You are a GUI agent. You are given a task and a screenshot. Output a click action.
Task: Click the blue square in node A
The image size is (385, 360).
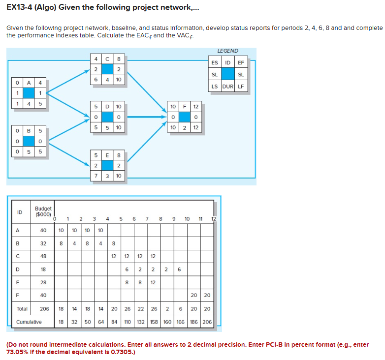[x=29, y=93]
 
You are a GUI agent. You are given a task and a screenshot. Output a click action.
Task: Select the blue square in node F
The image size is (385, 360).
[x=185, y=117]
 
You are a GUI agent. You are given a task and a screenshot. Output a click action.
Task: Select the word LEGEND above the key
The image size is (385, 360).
[x=227, y=51]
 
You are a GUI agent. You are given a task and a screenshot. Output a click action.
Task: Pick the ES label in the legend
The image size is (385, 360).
[x=215, y=62]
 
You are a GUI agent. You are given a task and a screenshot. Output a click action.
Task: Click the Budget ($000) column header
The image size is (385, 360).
[x=43, y=211]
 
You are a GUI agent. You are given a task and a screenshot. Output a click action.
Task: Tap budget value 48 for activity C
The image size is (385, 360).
[x=43, y=256]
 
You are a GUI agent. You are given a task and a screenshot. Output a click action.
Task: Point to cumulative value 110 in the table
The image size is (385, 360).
[x=127, y=323]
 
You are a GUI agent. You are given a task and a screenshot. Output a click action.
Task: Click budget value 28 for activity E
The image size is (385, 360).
[x=43, y=282]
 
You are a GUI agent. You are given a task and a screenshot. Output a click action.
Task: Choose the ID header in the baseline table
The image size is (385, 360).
[x=20, y=212]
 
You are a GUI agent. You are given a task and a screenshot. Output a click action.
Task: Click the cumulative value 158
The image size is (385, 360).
[x=154, y=323]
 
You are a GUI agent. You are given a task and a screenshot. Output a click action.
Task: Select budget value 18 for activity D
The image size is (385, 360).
[x=43, y=269]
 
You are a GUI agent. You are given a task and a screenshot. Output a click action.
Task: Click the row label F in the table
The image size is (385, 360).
[x=18, y=296]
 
